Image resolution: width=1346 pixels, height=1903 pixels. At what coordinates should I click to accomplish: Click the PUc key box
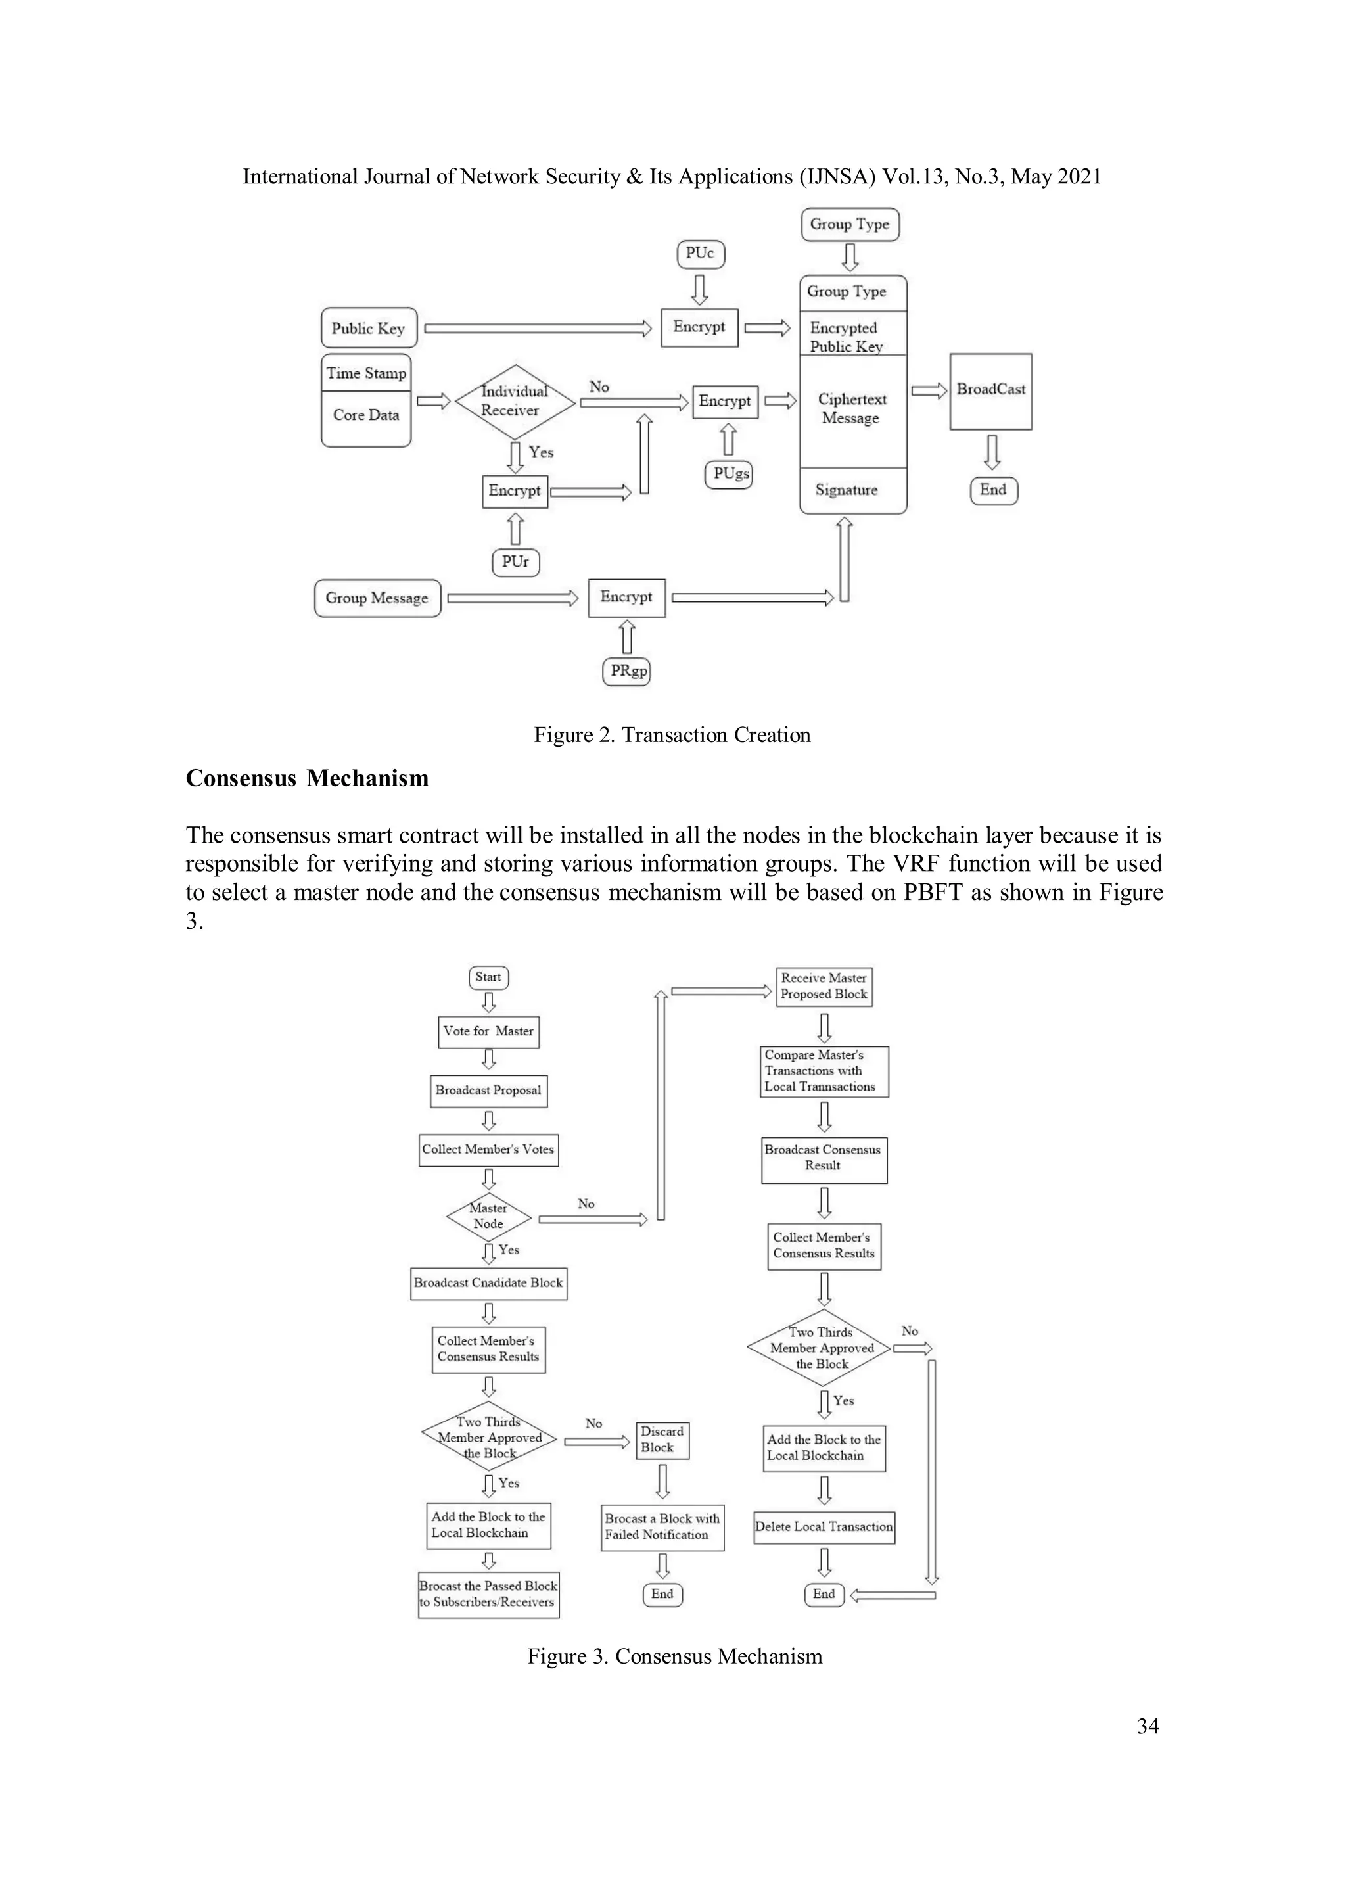(701, 254)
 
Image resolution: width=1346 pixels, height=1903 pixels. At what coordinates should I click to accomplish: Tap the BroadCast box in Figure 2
(990, 391)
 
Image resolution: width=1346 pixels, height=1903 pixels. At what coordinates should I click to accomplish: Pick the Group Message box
(377, 598)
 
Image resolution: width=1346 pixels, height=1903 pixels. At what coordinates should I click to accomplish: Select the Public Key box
(368, 328)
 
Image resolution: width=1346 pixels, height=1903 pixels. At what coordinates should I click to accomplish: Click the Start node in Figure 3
(488, 977)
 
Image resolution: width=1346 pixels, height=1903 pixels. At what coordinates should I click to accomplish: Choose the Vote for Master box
(488, 1032)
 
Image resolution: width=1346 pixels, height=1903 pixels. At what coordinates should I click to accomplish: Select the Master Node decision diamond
(488, 1216)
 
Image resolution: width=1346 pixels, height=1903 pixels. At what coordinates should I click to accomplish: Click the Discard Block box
(662, 1440)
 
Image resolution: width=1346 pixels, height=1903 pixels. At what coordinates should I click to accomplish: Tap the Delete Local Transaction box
(824, 1527)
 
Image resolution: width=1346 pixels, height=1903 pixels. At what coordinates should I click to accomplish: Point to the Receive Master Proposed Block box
(824, 986)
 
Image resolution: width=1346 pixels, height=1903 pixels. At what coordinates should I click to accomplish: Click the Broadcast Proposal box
(488, 1091)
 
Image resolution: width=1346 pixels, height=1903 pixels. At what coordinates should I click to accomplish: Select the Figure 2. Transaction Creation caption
(672, 735)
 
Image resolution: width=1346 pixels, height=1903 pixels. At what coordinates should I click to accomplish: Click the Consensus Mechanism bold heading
(307, 778)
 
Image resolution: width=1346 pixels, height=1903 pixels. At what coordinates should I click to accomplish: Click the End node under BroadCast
(993, 490)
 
